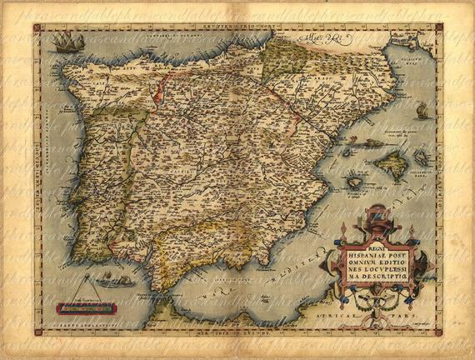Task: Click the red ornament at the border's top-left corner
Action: point(37,27)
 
